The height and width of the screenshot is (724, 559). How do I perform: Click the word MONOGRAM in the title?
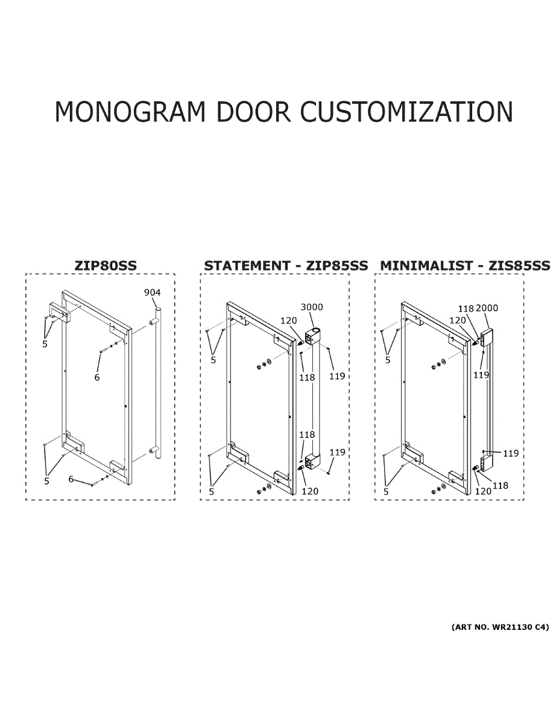point(130,112)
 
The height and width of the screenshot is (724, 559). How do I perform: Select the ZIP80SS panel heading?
point(106,265)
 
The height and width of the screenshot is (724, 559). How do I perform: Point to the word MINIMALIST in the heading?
point(426,265)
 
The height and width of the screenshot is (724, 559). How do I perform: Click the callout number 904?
point(152,292)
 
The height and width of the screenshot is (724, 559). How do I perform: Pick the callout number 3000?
point(312,307)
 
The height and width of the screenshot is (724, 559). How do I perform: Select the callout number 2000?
point(487,308)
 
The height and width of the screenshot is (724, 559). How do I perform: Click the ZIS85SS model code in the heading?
point(519,265)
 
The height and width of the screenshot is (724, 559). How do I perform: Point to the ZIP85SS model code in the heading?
point(337,265)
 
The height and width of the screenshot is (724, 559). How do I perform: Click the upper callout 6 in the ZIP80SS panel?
point(97,377)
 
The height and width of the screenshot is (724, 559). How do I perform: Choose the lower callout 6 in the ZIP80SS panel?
point(71,479)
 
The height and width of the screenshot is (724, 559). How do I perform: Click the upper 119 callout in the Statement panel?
point(337,376)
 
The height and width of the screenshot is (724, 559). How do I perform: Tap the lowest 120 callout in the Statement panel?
point(310,492)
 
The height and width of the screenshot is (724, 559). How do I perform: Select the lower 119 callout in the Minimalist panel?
point(511,454)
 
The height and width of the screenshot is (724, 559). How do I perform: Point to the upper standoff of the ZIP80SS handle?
point(154,322)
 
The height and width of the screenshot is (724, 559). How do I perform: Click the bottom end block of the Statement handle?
point(312,460)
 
